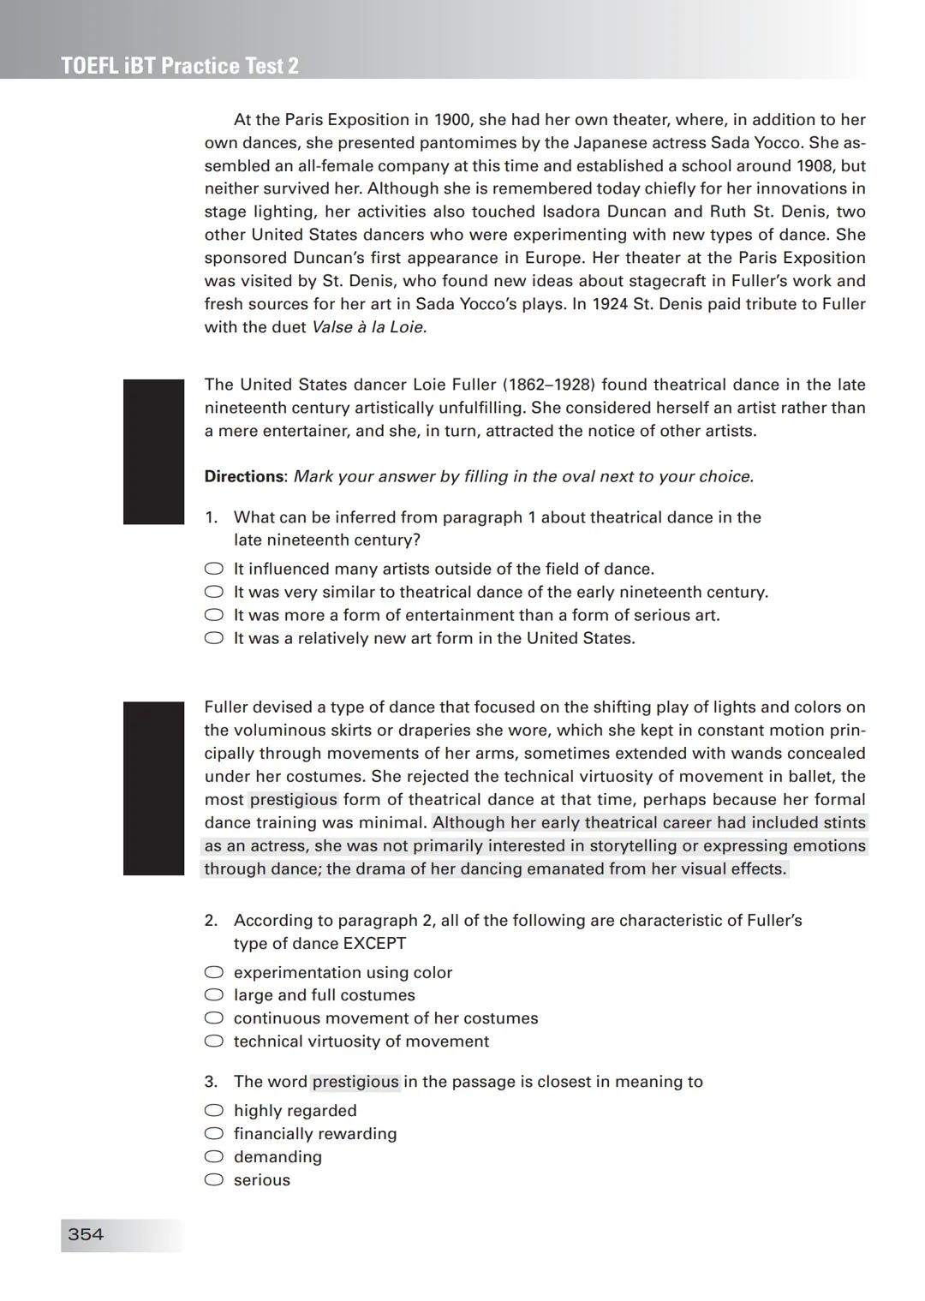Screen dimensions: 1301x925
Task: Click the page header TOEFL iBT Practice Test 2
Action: tap(180, 66)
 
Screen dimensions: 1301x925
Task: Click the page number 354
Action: tap(86, 1234)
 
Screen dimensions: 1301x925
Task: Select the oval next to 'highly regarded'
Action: tap(213, 1111)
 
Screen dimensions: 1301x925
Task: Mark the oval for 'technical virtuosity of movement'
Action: tap(213, 1041)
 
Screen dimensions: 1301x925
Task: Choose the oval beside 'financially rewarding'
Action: tap(213, 1134)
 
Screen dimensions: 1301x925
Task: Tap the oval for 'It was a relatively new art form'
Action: tap(213, 638)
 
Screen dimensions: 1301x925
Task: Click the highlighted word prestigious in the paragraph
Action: tap(294, 800)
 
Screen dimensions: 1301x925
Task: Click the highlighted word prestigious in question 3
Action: tap(355, 1082)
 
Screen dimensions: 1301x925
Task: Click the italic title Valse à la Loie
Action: tap(369, 327)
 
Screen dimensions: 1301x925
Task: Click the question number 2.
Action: tap(211, 921)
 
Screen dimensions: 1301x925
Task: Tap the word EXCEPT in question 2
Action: tap(374, 944)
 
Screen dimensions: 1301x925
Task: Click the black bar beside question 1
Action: tap(153, 451)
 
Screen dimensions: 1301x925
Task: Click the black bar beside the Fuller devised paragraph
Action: tap(153, 788)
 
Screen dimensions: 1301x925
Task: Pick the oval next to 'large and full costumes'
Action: tap(213, 995)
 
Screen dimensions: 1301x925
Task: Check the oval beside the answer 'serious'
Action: tap(213, 1180)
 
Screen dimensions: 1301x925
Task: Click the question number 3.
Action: tap(211, 1082)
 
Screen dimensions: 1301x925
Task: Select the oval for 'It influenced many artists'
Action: tap(213, 569)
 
